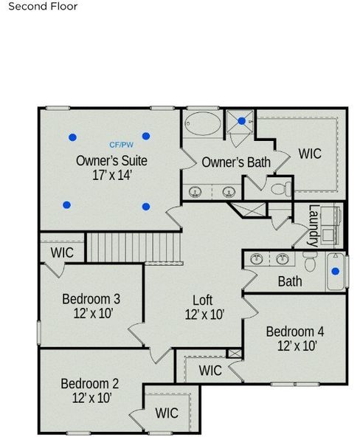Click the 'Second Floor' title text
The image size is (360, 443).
[43, 7]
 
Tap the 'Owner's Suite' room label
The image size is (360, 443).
[111, 160]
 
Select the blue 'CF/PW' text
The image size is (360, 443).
[122, 145]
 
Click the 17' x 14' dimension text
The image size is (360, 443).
[111, 176]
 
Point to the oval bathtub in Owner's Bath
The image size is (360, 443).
[202, 123]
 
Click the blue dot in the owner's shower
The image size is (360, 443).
[242, 121]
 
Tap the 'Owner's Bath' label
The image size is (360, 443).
[235, 162]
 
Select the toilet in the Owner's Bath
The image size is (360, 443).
[279, 189]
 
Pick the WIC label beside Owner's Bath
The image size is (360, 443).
[310, 154]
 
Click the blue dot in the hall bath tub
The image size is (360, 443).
[336, 271]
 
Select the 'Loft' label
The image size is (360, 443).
[203, 301]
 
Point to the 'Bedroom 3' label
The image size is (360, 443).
[91, 299]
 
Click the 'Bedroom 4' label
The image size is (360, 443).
[295, 331]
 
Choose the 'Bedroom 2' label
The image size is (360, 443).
[90, 383]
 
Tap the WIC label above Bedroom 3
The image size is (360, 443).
[62, 253]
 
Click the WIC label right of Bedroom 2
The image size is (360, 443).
[167, 413]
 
